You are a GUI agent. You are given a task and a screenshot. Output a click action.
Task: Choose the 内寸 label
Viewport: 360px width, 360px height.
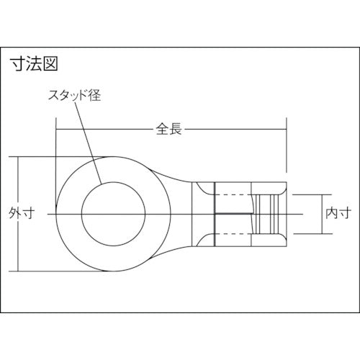(x=338, y=213)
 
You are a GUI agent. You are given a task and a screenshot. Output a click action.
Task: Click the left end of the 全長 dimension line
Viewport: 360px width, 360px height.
(x=57, y=130)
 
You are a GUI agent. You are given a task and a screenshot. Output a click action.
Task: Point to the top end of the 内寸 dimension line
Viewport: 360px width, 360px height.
(x=321, y=194)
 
